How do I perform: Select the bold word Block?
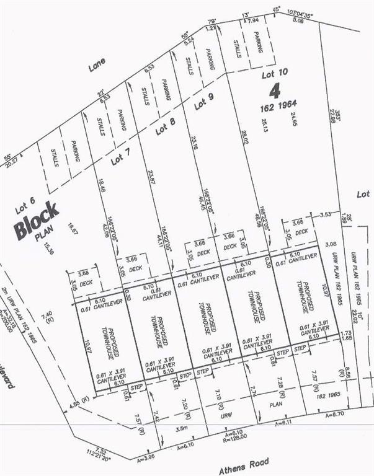tap(37, 221)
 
